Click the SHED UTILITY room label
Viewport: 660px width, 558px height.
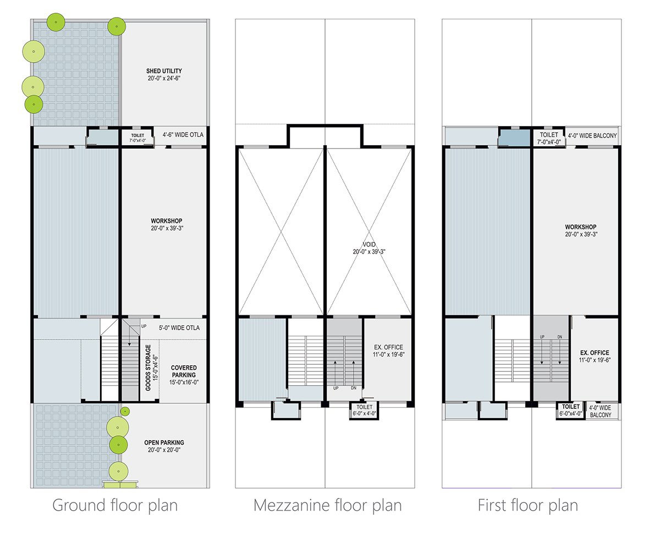[x=164, y=75]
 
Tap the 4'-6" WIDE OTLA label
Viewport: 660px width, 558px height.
[x=183, y=135]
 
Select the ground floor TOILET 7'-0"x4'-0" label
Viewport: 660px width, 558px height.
[x=137, y=138]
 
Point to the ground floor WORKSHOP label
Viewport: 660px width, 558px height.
[x=167, y=225]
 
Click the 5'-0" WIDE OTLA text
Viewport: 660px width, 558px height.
[x=179, y=328]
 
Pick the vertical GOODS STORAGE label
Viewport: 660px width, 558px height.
[x=151, y=368]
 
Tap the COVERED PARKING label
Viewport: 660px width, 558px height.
[x=184, y=375]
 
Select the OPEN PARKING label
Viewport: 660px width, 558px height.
[x=164, y=446]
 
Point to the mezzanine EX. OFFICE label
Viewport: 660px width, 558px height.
[x=388, y=351]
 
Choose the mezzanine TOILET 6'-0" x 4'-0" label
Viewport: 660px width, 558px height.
[x=365, y=411]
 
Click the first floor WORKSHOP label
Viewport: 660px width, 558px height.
[x=581, y=231]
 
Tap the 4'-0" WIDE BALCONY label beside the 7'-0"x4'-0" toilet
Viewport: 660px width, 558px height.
[x=592, y=136]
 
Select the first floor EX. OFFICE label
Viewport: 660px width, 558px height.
[x=595, y=356]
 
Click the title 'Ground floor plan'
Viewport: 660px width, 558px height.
[x=115, y=505]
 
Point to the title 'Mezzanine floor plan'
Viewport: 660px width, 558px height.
[x=327, y=505]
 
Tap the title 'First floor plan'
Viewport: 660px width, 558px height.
[x=528, y=505]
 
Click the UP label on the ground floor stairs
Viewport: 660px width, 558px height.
[x=144, y=326]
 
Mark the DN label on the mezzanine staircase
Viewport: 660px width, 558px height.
[x=354, y=388]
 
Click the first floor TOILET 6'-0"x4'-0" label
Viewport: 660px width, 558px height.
[x=570, y=410]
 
